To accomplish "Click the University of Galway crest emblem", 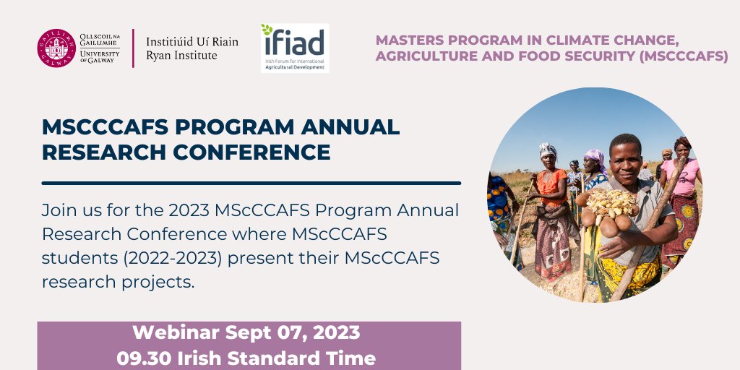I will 56,49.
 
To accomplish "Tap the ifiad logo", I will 294,48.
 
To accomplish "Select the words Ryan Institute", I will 181,56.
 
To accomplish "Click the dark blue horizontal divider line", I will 251,183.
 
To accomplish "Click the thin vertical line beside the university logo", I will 133,49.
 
